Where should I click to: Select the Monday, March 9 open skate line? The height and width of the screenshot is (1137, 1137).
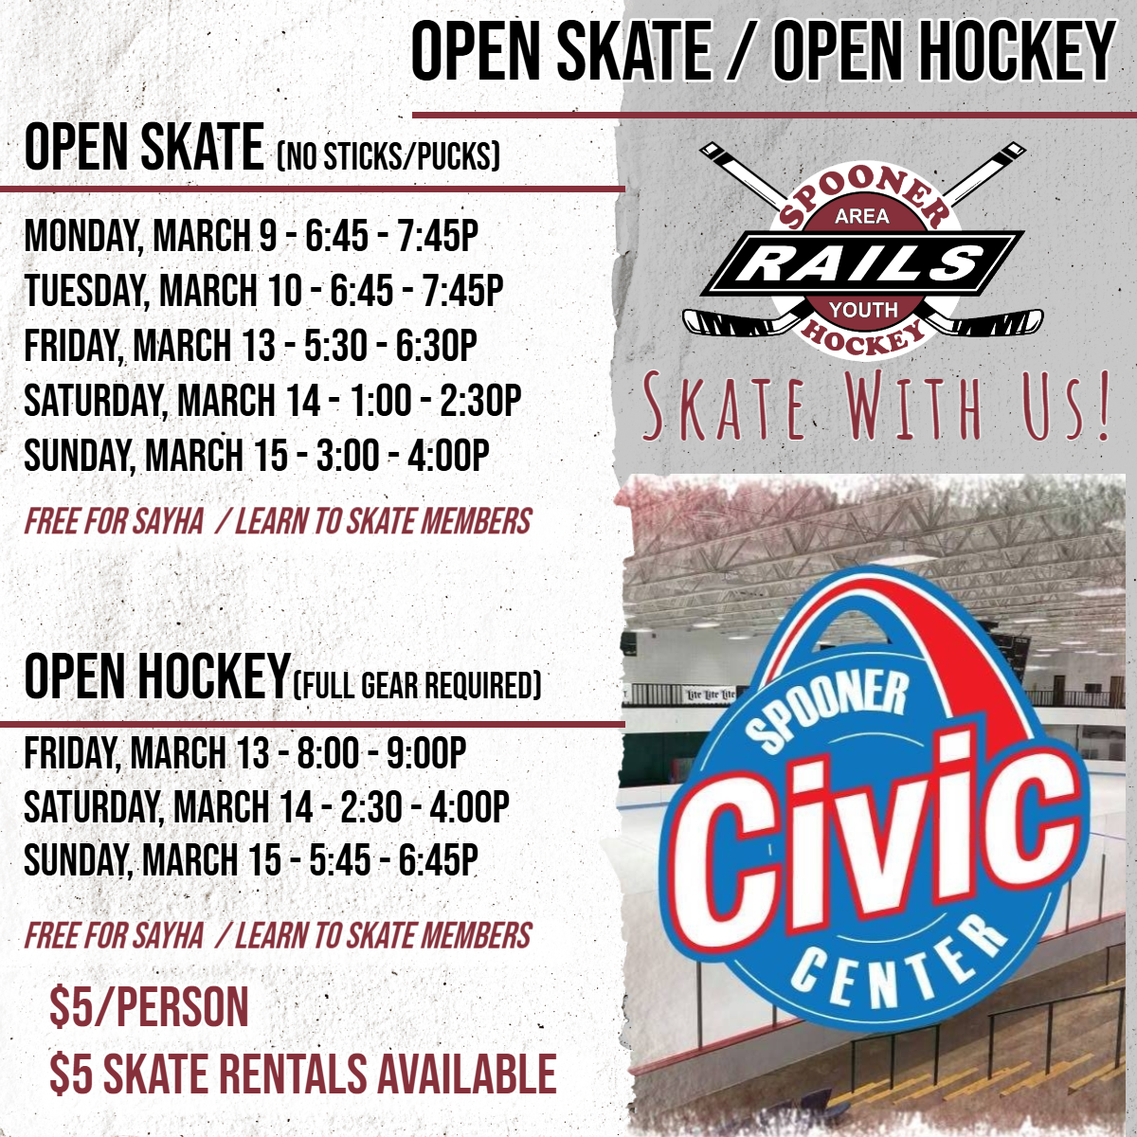click(251, 236)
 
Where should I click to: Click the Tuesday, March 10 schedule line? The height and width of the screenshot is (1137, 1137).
click(263, 290)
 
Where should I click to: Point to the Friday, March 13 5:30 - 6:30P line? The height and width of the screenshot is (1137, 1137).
click(251, 345)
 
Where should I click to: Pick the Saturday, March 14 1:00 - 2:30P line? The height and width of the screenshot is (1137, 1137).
click(273, 400)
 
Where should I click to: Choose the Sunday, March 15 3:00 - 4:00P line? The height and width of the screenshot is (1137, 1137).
click(257, 455)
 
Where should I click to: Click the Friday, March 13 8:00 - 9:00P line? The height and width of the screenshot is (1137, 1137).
click(244, 752)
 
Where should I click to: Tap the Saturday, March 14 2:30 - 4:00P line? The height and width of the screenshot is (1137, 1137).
click(266, 806)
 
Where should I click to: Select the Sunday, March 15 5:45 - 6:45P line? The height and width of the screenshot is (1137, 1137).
click(251, 859)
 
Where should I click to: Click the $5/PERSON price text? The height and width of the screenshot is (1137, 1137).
click(149, 1006)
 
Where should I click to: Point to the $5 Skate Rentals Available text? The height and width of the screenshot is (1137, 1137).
click(303, 1072)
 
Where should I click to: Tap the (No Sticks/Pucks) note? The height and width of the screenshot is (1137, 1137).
click(388, 155)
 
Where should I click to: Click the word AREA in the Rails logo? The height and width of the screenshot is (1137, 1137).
click(862, 217)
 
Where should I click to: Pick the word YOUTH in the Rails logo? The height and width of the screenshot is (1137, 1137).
click(863, 309)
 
